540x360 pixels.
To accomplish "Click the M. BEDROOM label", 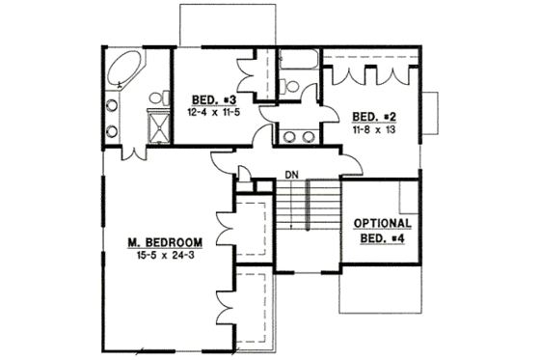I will pyautogui.click(x=166, y=240).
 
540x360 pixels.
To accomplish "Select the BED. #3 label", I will pyautogui.click(x=209, y=99).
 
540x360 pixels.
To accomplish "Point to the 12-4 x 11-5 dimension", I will pyautogui.click(x=209, y=112).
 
